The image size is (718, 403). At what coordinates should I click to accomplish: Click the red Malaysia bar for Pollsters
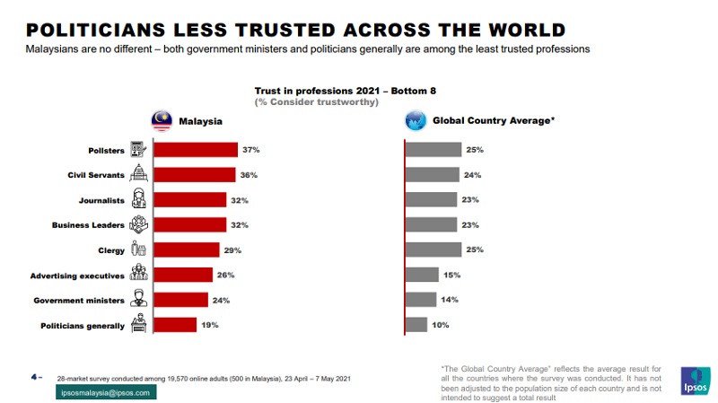195,150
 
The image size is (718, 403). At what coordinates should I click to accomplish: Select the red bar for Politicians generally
175,325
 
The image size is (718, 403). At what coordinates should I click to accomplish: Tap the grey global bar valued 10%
416,325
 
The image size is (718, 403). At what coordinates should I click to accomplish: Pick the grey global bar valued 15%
422,275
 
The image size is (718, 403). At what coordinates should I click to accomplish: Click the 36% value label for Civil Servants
249,175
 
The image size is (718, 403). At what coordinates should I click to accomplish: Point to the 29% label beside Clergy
232,250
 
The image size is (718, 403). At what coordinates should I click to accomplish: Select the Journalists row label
103,200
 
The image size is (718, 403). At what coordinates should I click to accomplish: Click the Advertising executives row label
78,276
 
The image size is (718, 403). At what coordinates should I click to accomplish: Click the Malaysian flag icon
162,120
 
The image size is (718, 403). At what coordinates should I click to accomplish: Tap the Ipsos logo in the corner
696,381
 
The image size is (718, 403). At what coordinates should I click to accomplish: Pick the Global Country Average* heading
494,119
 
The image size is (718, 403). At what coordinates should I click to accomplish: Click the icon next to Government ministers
139,300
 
